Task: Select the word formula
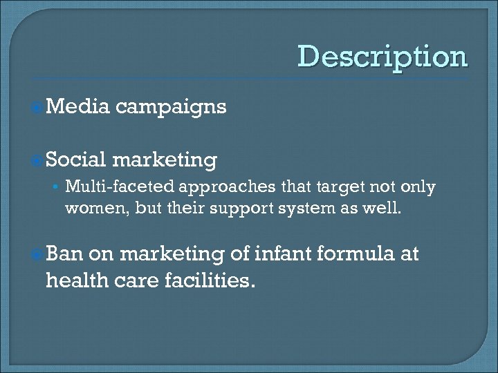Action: click(x=353, y=255)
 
